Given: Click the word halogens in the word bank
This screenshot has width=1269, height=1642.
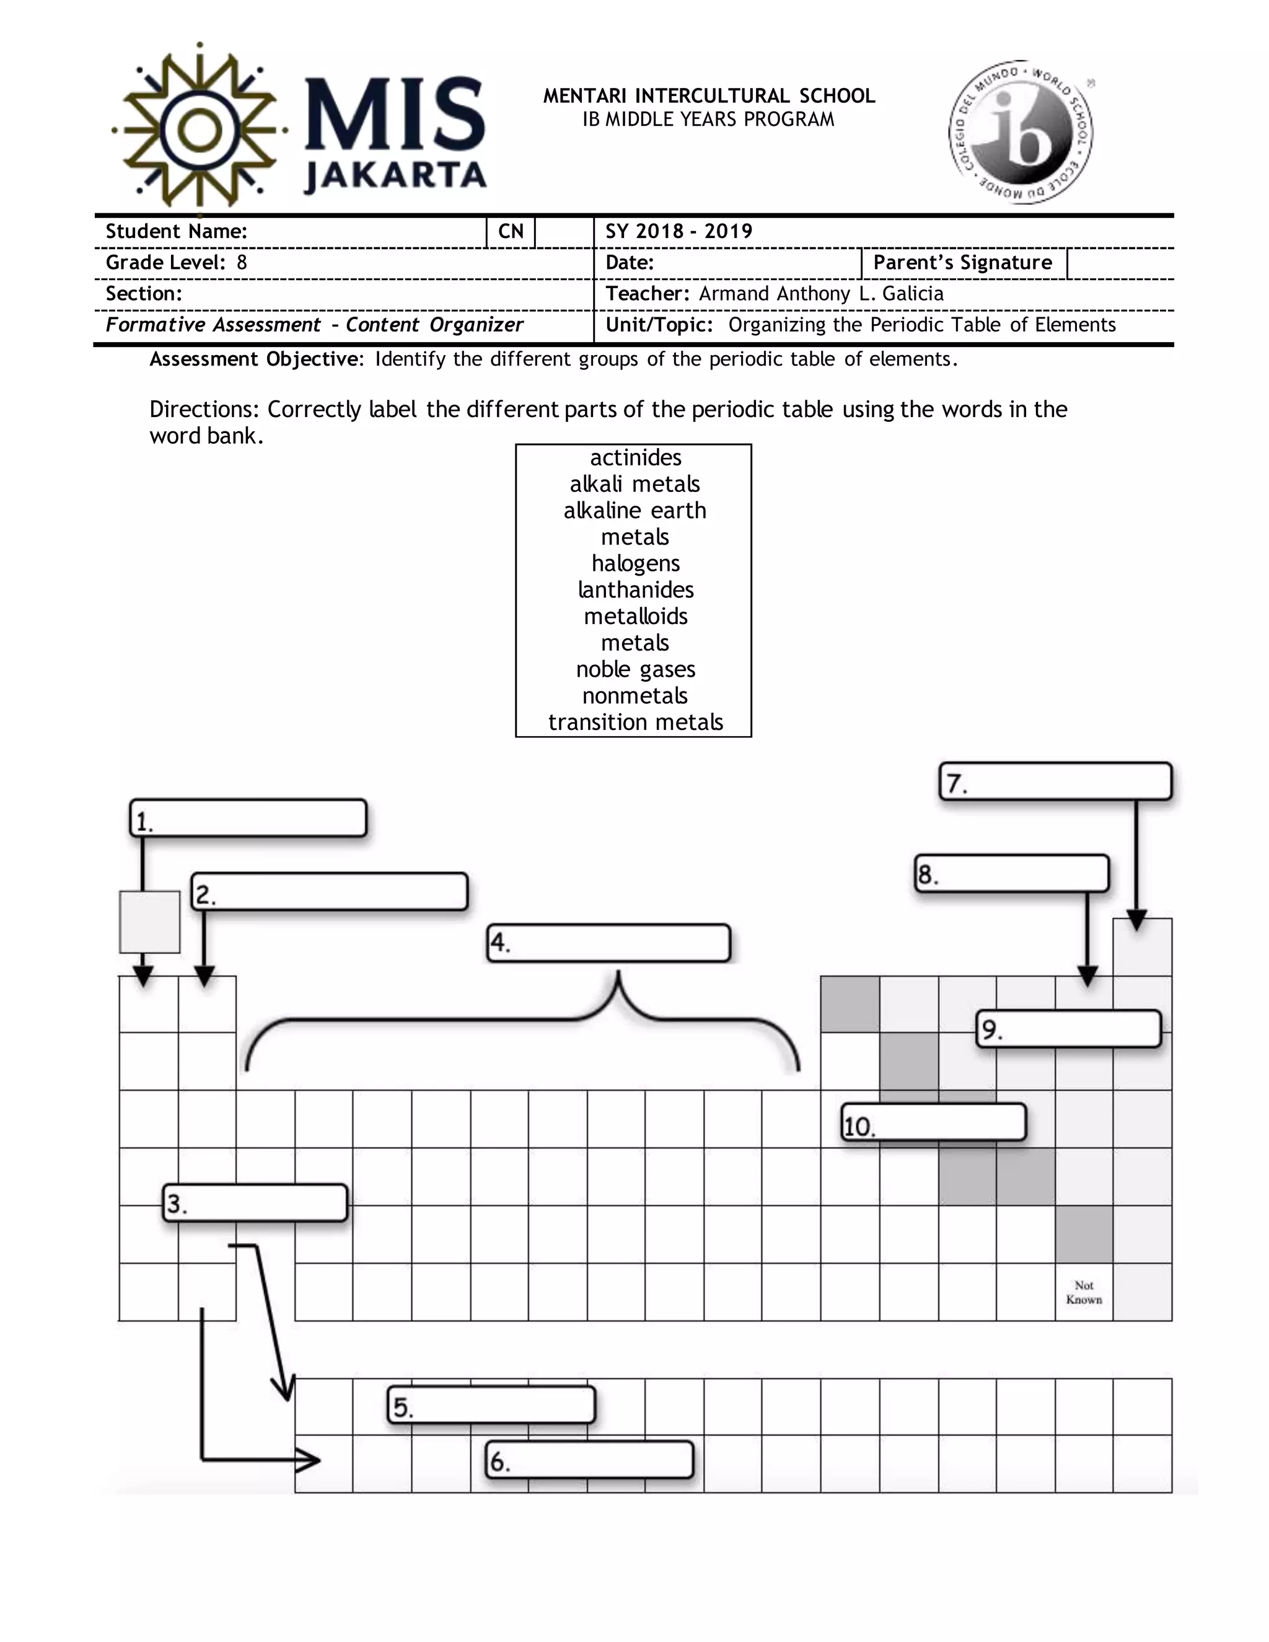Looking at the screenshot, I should [x=634, y=563].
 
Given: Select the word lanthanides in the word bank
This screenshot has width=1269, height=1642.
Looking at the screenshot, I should [x=634, y=589].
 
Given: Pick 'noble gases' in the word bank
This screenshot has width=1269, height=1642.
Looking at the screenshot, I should [x=634, y=669].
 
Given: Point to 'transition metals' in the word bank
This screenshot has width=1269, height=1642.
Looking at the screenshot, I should [x=634, y=722].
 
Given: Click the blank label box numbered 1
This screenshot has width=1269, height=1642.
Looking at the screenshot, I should [x=248, y=818].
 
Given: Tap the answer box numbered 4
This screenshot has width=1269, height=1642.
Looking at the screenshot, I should [x=609, y=943].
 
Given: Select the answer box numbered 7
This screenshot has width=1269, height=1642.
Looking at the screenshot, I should [x=1055, y=781].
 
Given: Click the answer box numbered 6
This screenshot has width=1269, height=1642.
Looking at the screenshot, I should [x=589, y=1459].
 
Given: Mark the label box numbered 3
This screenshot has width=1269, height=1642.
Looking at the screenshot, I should [x=256, y=1203].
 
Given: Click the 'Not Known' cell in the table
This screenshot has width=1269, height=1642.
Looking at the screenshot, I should [x=1083, y=1293].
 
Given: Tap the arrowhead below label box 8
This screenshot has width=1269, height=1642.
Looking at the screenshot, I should [x=1087, y=977].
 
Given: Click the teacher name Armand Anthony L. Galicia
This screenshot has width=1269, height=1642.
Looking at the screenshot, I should [x=821, y=293].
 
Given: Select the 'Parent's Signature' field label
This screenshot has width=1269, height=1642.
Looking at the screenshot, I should [x=962, y=262].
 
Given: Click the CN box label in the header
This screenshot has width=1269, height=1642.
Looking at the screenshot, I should [x=511, y=232].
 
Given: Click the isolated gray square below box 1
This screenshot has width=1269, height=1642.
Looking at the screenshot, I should [x=149, y=922].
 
